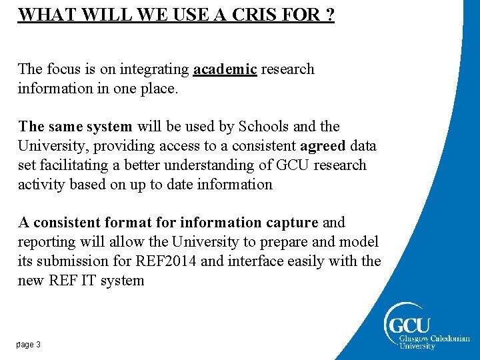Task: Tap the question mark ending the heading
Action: (x=329, y=15)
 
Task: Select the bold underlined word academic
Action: (x=225, y=69)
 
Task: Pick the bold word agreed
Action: (x=323, y=145)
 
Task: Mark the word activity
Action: (x=39, y=184)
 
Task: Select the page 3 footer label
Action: (x=29, y=345)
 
